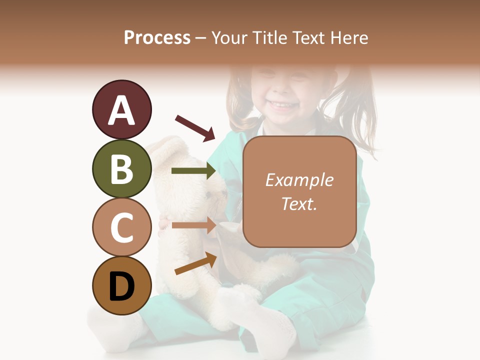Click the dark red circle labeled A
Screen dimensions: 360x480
[x=121, y=109]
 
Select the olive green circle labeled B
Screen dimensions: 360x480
[x=121, y=168]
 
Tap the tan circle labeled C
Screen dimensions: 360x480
[x=121, y=227]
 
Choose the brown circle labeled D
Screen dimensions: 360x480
[x=121, y=285]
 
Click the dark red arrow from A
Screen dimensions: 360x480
[x=195, y=127]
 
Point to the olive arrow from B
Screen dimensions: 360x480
[x=193, y=171]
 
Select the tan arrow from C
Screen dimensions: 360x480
[x=193, y=225]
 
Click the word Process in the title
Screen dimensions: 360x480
[x=157, y=38]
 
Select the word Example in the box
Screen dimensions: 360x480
[x=299, y=180]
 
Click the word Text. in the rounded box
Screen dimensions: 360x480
[x=299, y=203]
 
